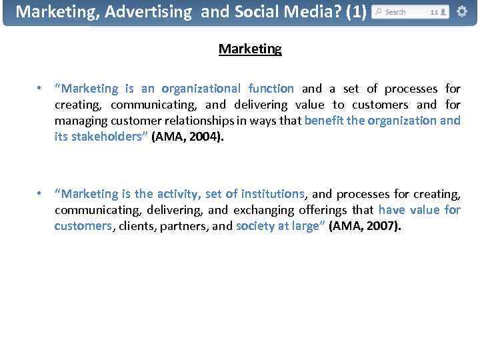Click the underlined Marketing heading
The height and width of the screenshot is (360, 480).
pyautogui.click(x=250, y=49)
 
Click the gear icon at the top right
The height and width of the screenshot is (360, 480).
pyautogui.click(x=461, y=12)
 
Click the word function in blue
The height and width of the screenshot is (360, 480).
pyautogui.click(x=271, y=89)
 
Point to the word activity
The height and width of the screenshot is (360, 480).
pyautogui.click(x=178, y=194)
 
